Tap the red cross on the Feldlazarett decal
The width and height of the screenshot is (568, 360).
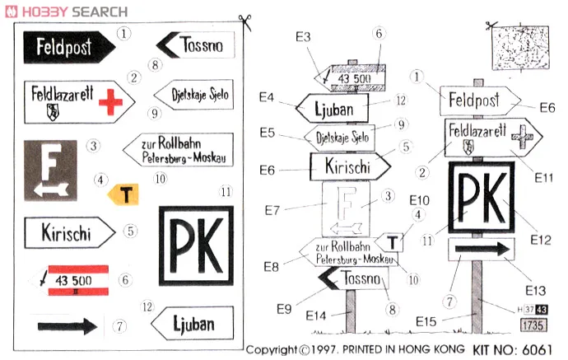tap(109, 102)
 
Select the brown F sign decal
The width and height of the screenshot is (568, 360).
tap(50, 171)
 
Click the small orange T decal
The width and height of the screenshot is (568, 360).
tap(124, 194)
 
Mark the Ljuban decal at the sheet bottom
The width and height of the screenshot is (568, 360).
tap(192, 323)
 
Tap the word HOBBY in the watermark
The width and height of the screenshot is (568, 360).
tap(50, 12)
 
